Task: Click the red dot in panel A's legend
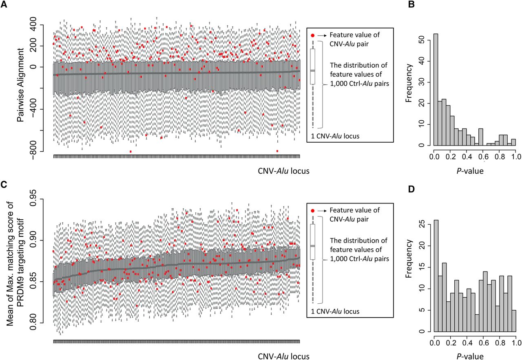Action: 313,35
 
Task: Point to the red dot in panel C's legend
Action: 313,211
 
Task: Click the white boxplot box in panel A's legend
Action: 313,66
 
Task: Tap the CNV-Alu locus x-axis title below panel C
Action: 283,356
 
